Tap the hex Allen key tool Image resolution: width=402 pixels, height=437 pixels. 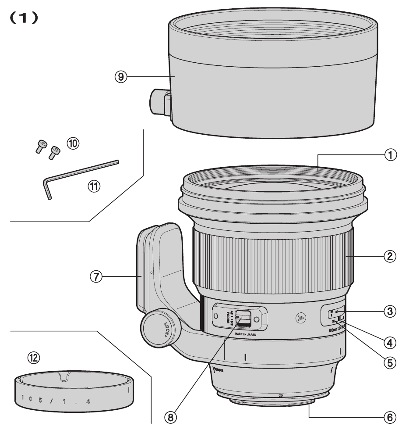(79, 176)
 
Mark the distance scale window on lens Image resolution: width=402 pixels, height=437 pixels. (336, 315)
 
